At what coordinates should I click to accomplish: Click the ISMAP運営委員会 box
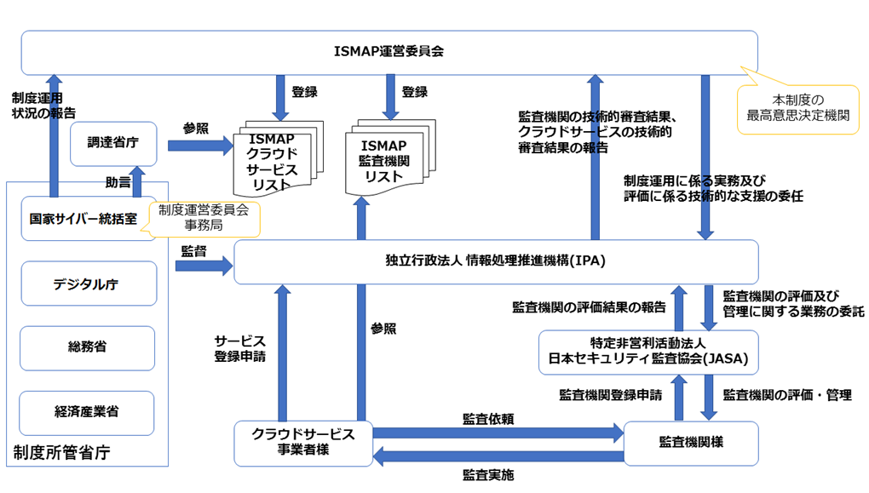click(388, 52)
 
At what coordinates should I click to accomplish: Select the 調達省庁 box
click(113, 144)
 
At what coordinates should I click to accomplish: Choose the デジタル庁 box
click(89, 284)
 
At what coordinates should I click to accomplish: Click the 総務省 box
click(88, 347)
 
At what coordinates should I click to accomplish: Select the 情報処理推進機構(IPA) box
click(495, 261)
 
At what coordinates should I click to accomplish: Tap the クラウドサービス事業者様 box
click(303, 443)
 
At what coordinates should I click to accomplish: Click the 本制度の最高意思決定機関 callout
click(797, 109)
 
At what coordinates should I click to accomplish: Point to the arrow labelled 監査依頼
click(498, 433)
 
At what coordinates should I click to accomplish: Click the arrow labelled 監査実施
click(498, 458)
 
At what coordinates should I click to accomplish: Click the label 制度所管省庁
click(61, 452)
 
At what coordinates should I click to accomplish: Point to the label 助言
click(118, 182)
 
